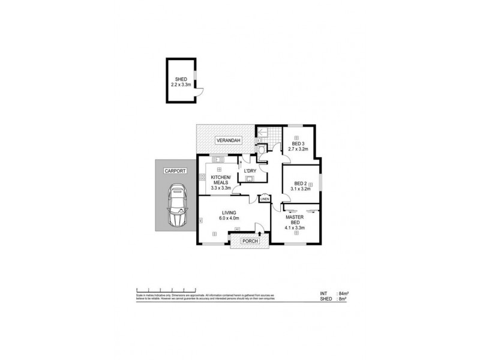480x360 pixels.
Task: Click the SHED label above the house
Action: click(181, 79)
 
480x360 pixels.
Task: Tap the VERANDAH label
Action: click(229, 140)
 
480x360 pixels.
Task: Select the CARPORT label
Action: click(175, 171)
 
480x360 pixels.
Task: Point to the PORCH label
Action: click(250, 241)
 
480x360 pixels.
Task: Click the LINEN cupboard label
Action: click(265, 199)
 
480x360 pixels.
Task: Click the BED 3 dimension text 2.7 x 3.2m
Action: click(299, 149)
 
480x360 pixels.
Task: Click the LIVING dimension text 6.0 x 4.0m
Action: click(229, 219)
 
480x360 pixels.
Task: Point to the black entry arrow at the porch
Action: click(258, 233)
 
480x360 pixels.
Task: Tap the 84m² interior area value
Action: click(344, 293)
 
